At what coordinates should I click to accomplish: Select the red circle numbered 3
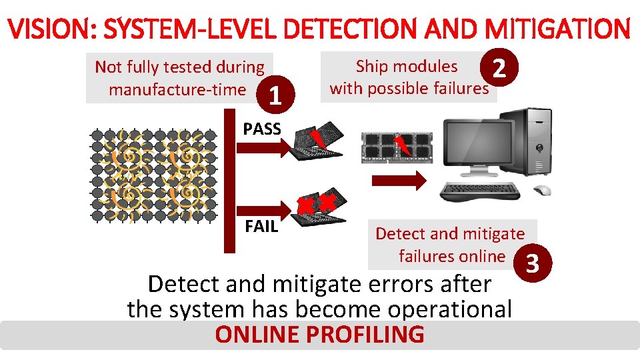tap(532, 264)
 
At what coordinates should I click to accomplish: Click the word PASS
tap(262, 129)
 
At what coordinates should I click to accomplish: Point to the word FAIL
tap(261, 226)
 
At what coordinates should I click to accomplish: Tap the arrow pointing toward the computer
tap(399, 179)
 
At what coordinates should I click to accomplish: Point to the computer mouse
tap(544, 191)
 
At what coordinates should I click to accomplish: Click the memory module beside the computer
tap(394, 146)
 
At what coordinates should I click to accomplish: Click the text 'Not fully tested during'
tap(179, 67)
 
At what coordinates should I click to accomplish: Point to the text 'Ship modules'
tap(407, 66)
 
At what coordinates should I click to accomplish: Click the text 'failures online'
tap(452, 256)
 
